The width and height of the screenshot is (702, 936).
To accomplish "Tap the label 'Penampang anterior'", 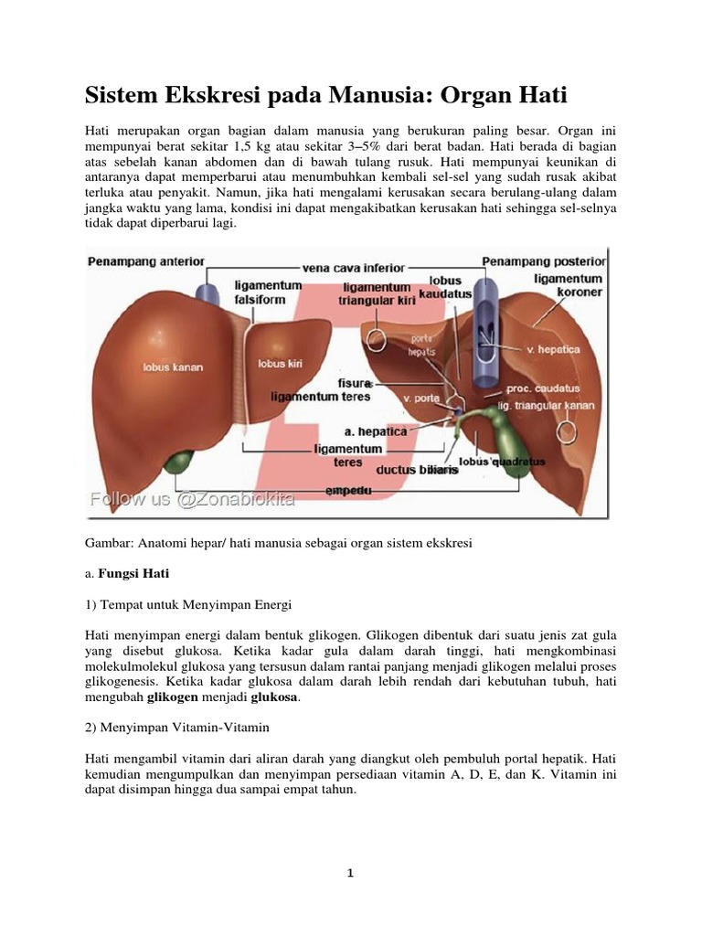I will [145, 261].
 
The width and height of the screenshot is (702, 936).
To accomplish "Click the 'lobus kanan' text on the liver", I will [172, 367].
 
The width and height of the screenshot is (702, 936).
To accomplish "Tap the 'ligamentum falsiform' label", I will [267, 292].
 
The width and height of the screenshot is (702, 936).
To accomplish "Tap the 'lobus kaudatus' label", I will [443, 288].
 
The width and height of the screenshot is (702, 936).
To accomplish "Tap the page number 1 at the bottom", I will [351, 873].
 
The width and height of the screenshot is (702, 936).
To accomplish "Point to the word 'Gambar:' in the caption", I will [108, 542].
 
